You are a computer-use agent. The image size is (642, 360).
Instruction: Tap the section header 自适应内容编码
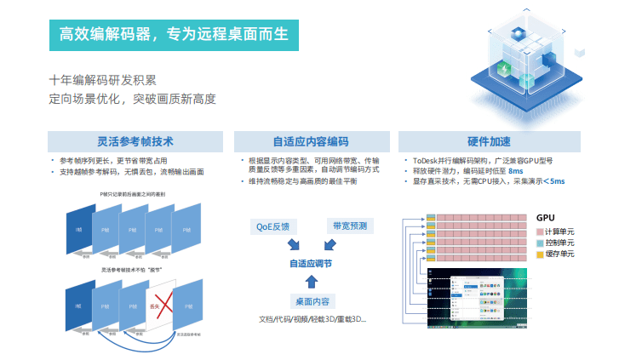310,141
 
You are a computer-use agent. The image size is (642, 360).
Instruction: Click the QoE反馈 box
273,226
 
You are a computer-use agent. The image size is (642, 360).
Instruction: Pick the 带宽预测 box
349,226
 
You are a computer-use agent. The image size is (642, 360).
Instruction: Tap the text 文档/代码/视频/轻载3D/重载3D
312,319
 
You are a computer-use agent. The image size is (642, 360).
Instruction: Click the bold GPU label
546,218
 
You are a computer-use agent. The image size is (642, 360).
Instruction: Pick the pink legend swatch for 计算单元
540,231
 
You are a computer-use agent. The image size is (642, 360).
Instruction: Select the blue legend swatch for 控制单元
540,243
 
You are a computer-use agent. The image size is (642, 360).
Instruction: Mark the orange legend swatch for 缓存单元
540,254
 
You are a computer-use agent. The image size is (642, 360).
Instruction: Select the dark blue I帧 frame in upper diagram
79,229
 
